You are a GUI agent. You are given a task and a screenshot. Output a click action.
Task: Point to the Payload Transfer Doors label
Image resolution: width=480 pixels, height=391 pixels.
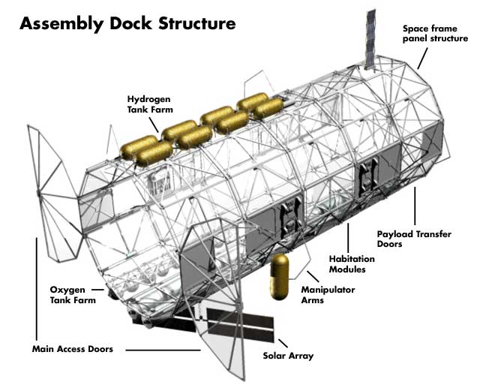414,239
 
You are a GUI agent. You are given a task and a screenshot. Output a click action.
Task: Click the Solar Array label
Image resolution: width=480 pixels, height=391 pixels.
288,355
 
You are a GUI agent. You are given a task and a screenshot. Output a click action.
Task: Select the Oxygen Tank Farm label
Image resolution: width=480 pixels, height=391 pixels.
67,294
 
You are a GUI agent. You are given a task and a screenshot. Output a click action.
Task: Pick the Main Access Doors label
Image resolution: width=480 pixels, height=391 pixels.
73,349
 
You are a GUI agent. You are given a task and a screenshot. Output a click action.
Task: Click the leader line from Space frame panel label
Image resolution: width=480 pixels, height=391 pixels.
422,56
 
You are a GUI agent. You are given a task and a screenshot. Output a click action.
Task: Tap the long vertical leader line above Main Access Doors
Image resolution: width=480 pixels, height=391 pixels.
35,285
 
